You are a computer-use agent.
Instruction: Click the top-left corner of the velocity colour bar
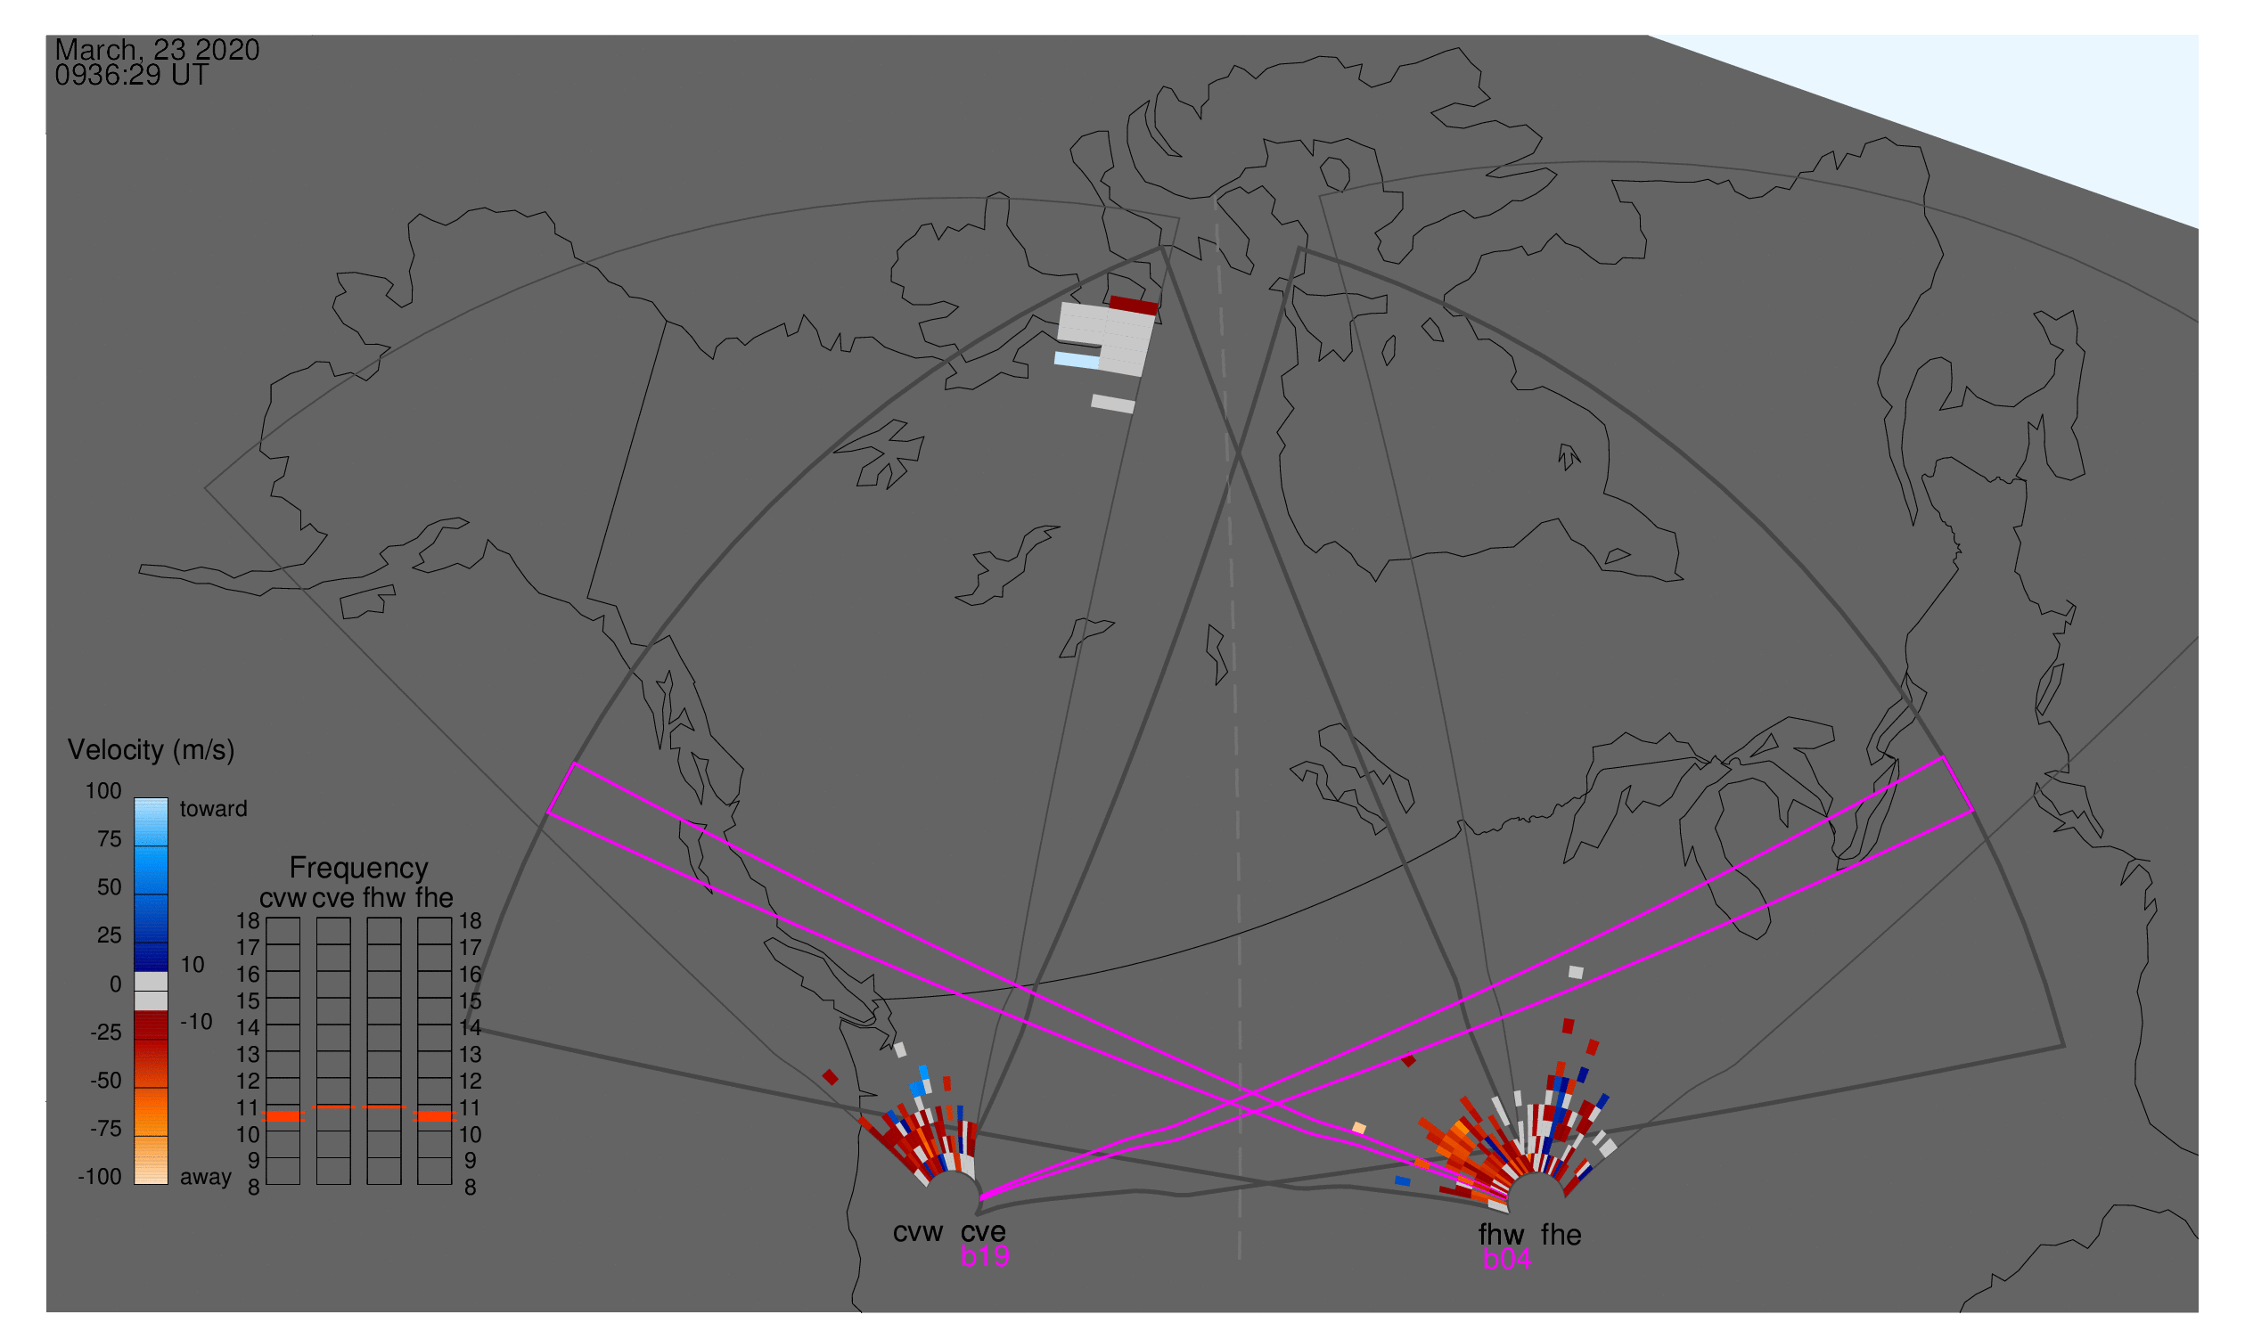[135, 798]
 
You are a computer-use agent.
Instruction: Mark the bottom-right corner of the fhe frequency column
[451, 1185]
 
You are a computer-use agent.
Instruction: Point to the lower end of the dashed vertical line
[1240, 1259]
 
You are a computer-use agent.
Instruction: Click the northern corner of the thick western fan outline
[1163, 247]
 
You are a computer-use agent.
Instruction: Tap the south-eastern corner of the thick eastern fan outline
[2064, 1046]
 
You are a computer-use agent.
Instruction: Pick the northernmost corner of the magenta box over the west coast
[574, 763]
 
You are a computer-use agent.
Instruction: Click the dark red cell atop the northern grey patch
[1134, 305]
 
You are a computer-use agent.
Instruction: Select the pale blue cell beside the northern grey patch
[1077, 360]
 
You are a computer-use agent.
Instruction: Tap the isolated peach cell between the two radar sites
[1358, 1128]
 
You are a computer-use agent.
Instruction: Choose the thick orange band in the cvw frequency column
[283, 1116]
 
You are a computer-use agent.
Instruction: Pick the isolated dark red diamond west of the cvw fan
[830, 1077]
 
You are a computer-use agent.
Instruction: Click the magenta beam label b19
[985, 1256]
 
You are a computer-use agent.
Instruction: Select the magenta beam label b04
[1506, 1259]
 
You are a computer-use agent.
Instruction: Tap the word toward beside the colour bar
[214, 809]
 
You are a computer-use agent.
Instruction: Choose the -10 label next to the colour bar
[196, 1022]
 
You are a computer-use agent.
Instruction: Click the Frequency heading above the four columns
[359, 869]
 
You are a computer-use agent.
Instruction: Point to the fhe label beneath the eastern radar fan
[1561, 1235]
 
